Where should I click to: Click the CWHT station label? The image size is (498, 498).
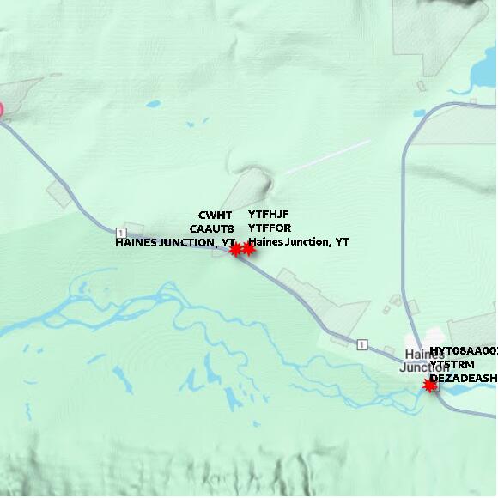coord(216,215)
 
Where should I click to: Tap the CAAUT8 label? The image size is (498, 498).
coord(212,228)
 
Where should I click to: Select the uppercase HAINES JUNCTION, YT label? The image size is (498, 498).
coord(174,243)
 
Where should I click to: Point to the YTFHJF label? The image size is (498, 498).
coord(270,215)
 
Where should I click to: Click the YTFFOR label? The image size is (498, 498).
coord(270,228)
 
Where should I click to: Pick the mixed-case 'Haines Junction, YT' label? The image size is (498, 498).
coord(299,242)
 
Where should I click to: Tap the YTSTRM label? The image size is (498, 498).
coord(452,364)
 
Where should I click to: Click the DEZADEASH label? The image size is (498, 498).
coord(463,378)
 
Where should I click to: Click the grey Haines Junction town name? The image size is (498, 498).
coord(424,361)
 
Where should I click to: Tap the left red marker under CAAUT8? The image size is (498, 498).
coord(235,250)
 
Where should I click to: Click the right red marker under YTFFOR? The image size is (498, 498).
coord(249,249)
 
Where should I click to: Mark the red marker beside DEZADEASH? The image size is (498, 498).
coord(430,386)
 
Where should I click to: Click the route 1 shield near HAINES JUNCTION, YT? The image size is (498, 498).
coord(121,233)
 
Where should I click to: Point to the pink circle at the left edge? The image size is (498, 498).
coord(1,110)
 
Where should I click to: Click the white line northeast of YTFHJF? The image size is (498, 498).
coord(327,157)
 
